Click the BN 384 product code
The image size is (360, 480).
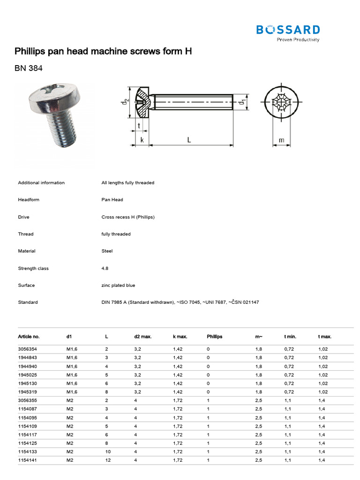[29, 68]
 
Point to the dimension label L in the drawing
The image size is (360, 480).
[188, 140]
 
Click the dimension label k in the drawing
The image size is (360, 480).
[142, 140]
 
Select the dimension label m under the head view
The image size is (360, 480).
[281, 140]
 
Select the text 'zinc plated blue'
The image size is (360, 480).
[118, 285]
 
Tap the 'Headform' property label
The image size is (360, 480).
[29, 200]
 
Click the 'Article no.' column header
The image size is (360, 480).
[29, 337]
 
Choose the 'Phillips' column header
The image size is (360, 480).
[215, 337]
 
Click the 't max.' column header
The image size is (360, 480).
[325, 337]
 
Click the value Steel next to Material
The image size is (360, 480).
[107, 251]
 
